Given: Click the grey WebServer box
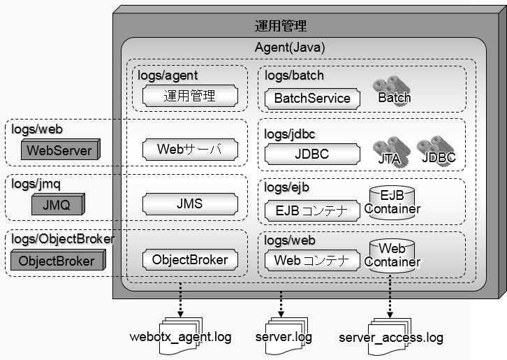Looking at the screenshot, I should click(59, 150).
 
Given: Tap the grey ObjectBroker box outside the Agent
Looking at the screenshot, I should click(57, 261).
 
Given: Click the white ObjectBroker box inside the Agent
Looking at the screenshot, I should click(190, 260).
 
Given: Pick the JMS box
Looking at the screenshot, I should click(190, 204).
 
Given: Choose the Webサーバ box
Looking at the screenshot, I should click(190, 149).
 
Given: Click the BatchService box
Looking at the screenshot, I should click(312, 99).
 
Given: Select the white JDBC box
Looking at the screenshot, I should click(312, 154).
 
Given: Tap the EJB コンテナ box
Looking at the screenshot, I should click(312, 210).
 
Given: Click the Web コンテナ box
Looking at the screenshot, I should click(312, 261).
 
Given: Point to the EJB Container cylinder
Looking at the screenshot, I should click(392, 203).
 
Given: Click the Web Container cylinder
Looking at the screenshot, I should click(392, 257).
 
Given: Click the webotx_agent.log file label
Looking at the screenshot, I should click(180, 337).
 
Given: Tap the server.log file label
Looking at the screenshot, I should click(284, 337).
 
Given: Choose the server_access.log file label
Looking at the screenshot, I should click(391, 338).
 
